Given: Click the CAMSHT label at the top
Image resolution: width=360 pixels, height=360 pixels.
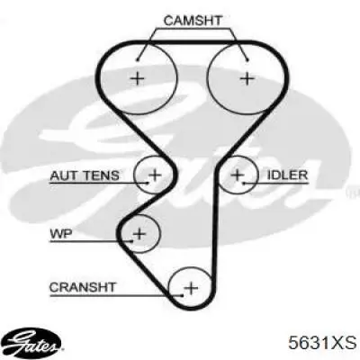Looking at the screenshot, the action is click(x=193, y=21).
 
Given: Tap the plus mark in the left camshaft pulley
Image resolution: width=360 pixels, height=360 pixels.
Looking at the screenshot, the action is click(x=138, y=79).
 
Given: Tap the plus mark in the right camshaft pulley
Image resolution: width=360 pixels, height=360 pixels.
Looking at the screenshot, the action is click(x=247, y=79).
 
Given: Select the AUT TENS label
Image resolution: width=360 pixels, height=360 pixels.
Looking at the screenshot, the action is click(x=85, y=175).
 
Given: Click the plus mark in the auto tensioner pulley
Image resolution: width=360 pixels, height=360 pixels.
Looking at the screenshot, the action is click(x=155, y=175).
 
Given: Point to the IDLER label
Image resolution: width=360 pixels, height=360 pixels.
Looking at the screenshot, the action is click(x=287, y=175).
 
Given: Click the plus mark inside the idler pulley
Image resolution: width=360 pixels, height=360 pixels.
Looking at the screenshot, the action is click(x=237, y=175).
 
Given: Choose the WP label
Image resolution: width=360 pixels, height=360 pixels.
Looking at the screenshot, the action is click(x=61, y=234).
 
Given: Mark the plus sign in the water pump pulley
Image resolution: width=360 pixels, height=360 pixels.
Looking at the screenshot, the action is click(x=139, y=234).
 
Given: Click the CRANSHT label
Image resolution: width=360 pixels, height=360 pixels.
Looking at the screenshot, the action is click(x=83, y=287).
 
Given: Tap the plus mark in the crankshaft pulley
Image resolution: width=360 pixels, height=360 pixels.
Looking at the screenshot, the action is click(x=191, y=288).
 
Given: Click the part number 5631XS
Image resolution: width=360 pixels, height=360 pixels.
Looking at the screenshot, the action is click(x=322, y=342).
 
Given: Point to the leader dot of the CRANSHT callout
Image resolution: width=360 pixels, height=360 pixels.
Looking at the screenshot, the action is click(x=182, y=295).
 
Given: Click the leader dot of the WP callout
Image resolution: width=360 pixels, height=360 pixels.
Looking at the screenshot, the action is click(x=131, y=240).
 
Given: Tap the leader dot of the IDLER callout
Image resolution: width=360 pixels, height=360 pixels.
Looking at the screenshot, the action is click(x=245, y=183).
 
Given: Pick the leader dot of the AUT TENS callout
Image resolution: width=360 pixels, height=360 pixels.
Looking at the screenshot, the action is click(x=147, y=183).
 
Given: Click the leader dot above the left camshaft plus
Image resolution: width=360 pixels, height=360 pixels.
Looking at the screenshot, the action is click(x=138, y=60).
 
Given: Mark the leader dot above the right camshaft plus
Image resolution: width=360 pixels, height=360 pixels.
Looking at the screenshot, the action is click(x=247, y=60).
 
